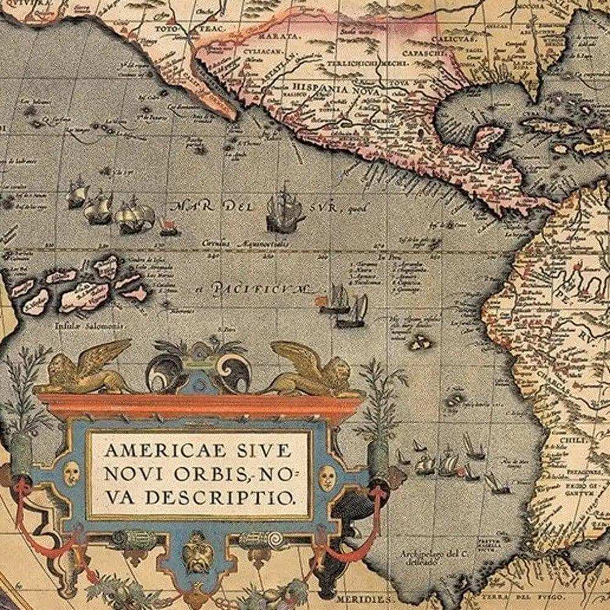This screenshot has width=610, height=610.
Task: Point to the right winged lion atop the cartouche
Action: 312,369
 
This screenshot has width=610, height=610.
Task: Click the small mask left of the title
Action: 72,473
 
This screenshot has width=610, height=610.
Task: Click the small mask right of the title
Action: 327,476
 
